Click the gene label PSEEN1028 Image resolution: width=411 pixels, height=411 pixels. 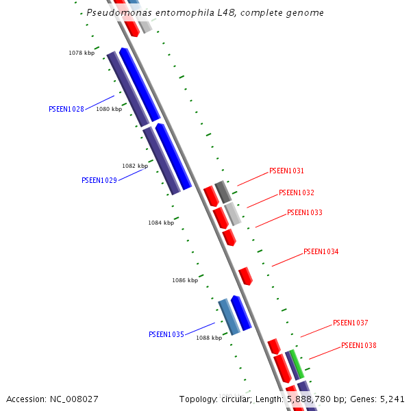[x=66, y=110]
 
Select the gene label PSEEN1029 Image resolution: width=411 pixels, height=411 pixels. [x=99, y=181]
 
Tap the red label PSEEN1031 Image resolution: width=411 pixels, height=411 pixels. [x=286, y=171]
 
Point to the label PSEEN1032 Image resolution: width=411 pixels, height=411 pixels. [x=297, y=193]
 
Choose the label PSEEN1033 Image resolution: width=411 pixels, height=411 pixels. [x=305, y=213]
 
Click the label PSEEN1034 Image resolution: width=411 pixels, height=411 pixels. [x=321, y=252]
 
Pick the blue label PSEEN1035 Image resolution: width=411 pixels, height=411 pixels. [x=166, y=335]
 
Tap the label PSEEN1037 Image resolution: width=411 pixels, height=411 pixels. [x=351, y=323]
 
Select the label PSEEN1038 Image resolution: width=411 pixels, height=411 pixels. [x=359, y=346]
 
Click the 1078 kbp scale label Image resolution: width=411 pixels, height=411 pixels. [x=82, y=53]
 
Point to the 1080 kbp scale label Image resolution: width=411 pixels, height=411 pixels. [x=109, y=109]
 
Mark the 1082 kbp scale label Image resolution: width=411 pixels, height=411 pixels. [x=135, y=166]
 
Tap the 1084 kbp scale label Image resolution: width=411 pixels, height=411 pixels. [x=161, y=223]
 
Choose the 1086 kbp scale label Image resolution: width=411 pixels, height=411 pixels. [x=185, y=280]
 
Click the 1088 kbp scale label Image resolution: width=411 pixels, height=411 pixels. [x=209, y=338]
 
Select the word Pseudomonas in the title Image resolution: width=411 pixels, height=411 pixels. [x=117, y=13]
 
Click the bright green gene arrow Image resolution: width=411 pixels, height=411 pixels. [x=297, y=364]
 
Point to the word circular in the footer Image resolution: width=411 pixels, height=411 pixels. [x=240, y=399]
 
